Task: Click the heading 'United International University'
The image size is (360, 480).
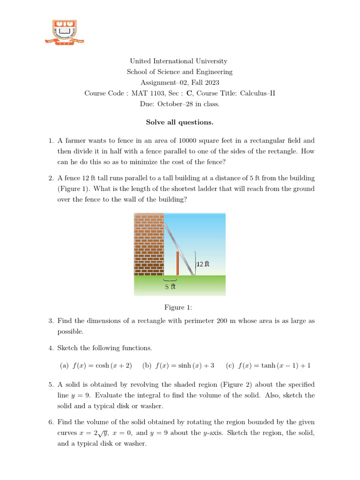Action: (178, 61)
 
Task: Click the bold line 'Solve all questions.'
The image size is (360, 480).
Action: (180, 122)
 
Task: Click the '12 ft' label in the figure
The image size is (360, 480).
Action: (202, 264)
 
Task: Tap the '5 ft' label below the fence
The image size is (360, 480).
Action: (170, 286)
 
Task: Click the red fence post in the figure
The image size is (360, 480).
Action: (178, 263)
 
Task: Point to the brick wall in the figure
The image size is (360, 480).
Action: (148, 244)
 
